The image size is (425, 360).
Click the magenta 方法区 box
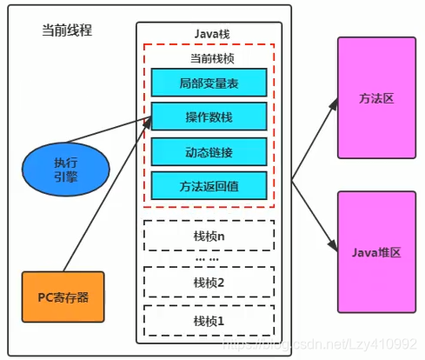click(376, 99)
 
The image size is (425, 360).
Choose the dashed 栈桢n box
click(209, 234)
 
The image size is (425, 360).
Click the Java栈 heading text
click(209, 34)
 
